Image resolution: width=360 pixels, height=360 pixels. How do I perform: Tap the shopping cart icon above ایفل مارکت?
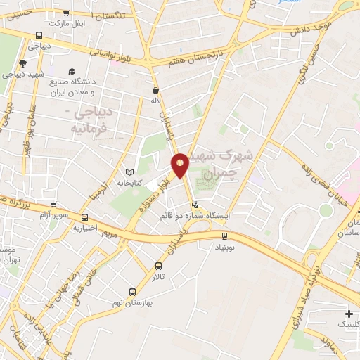66,13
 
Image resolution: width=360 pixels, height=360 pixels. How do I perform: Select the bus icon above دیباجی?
39,35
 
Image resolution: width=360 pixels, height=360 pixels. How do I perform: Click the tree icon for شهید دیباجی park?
22,63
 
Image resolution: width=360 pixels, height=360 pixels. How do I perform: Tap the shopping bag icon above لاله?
155,91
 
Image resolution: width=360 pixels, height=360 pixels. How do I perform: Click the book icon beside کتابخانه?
129,172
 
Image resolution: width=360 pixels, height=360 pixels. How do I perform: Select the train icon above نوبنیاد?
224,236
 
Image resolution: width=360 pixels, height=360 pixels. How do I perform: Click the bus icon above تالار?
158,266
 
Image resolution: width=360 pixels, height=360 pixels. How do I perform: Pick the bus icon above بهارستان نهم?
133,291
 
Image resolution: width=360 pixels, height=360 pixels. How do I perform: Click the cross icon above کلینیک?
348,313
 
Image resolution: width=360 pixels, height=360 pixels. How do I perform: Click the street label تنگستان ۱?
115,15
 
